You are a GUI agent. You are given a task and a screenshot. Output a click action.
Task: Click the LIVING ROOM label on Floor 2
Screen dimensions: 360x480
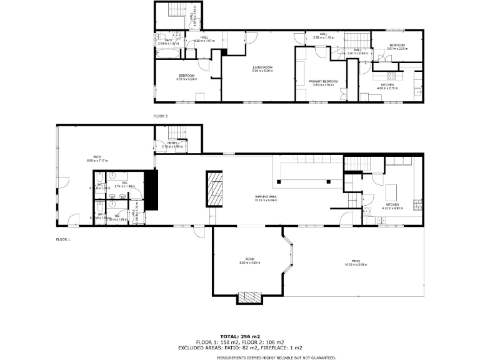coord(262,68)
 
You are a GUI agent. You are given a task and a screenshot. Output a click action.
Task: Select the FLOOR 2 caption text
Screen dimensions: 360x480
coord(161,116)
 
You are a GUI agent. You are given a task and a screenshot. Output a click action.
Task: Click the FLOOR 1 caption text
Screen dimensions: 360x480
coord(63,239)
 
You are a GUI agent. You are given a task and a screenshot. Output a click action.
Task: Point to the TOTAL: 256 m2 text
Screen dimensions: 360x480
coord(241,336)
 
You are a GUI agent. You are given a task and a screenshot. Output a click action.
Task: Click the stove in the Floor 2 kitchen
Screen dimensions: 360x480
coord(392,76)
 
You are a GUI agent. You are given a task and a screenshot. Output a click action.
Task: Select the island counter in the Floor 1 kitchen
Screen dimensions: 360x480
coord(392,189)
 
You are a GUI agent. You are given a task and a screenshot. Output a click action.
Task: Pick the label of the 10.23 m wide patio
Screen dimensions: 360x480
coord(356,262)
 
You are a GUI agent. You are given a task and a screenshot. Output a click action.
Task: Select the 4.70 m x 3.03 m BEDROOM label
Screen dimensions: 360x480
coord(186,77)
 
